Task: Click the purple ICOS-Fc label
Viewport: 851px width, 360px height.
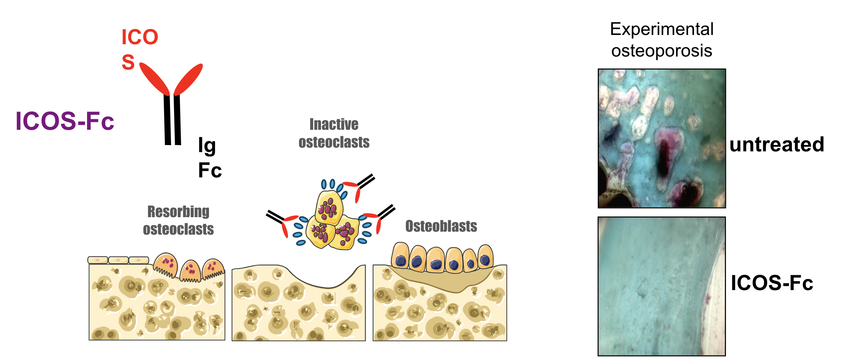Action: click(65, 121)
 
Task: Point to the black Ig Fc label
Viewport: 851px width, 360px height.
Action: click(209, 158)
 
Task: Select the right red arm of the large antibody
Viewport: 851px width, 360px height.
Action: click(188, 79)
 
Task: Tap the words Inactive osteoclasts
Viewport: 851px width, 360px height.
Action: click(334, 133)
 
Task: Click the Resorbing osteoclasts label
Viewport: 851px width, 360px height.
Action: click(179, 220)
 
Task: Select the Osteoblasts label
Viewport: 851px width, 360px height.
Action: click(441, 226)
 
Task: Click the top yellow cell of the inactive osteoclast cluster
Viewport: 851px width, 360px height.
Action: click(329, 208)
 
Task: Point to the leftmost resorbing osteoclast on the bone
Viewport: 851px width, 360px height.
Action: click(166, 265)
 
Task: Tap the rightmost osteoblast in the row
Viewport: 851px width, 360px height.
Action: click(485, 257)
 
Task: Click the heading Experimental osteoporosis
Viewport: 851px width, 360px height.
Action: click(662, 39)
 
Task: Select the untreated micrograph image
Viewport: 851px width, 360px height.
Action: click(662, 138)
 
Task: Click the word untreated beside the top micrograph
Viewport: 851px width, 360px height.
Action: click(777, 144)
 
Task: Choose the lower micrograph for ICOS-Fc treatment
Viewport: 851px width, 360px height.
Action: click(662, 286)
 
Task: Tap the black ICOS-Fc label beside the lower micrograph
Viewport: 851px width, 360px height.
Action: click(772, 283)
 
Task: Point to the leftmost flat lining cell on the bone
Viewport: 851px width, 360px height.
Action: click(98, 260)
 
